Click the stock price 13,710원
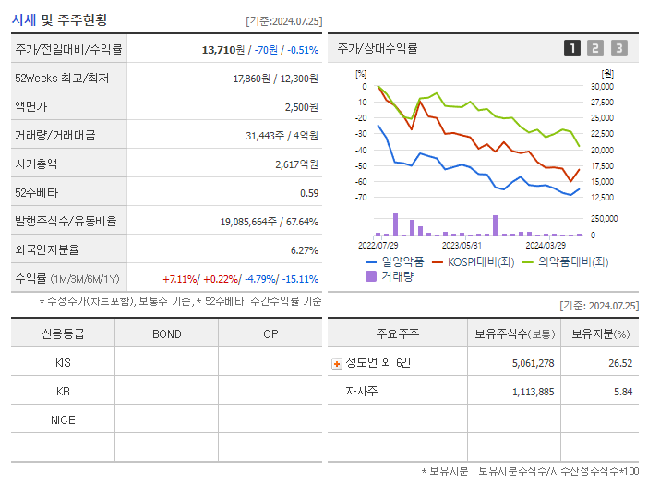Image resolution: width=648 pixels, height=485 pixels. coord(222,50)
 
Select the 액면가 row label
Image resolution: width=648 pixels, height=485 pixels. coord(34,107)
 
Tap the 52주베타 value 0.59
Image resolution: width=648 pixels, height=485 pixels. coord(308,192)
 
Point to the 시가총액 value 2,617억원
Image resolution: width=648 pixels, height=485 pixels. coord(296,164)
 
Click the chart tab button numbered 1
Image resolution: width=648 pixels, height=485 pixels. coord(572,48)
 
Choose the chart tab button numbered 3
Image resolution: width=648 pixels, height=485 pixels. coord(618,48)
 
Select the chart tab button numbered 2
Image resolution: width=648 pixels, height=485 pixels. coord(595,48)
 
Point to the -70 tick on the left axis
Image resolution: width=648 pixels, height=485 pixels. coord(362,198)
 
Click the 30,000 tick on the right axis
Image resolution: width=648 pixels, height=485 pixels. coord(602,87)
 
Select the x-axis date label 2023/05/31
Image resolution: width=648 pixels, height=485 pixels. coord(462,245)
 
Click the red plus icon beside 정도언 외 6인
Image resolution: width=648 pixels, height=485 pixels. coord(337,363)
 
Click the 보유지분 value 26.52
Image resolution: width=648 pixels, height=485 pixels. coord(620,363)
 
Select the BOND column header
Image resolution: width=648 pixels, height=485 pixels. coord(166,333)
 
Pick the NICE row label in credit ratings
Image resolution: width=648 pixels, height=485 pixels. coord(63,419)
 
